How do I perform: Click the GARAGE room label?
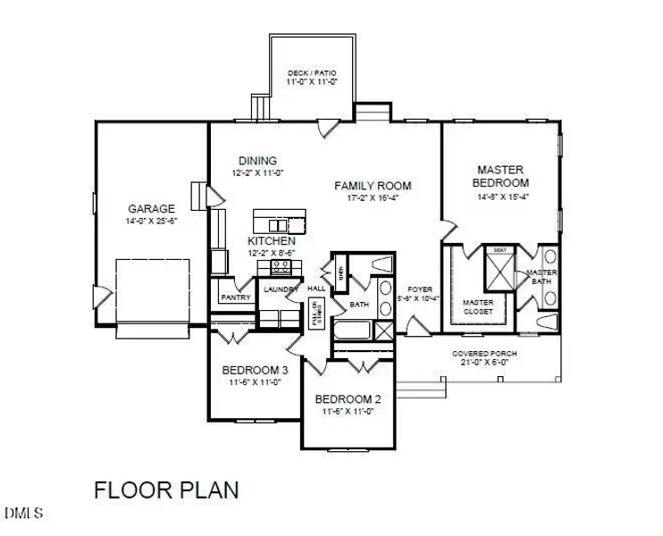pos(150,209)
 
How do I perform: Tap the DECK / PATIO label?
pos(310,73)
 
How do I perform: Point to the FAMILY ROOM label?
pos(373,186)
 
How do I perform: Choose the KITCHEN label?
pos(272,241)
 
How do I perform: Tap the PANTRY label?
pos(235,297)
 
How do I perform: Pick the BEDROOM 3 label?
pos(254,370)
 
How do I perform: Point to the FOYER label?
pos(420,289)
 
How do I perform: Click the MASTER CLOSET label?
pos(478,307)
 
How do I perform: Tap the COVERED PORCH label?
pos(484,354)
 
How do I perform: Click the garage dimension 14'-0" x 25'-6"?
pos(150,220)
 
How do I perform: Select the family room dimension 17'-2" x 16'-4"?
pos(373,198)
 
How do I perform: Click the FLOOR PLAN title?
pos(166,490)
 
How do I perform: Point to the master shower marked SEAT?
pos(498,264)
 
